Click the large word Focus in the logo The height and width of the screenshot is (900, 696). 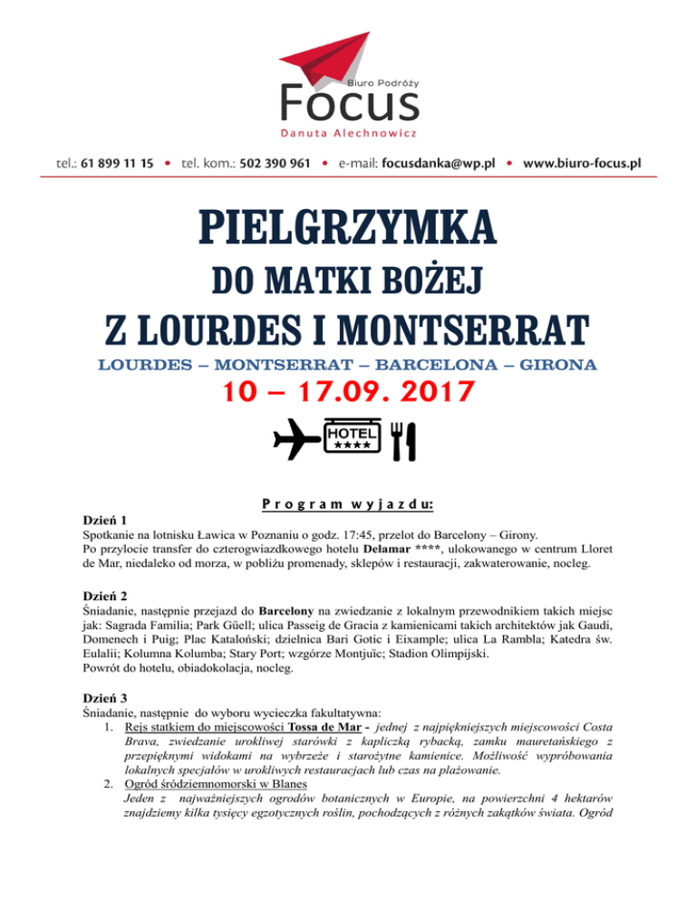click(349, 103)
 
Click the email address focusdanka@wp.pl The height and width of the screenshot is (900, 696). click(441, 164)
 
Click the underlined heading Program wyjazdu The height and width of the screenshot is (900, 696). click(347, 503)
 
